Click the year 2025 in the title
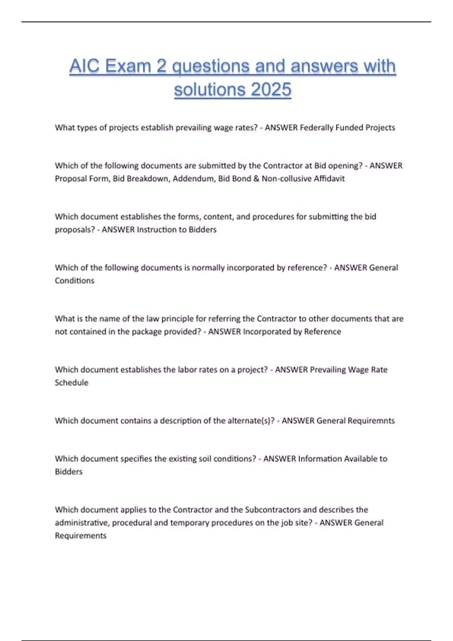(x=271, y=89)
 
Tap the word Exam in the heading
(x=128, y=66)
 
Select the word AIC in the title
(x=85, y=66)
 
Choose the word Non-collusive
(x=287, y=178)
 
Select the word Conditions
(x=74, y=281)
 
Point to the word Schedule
(x=71, y=382)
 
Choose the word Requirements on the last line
(x=80, y=535)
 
